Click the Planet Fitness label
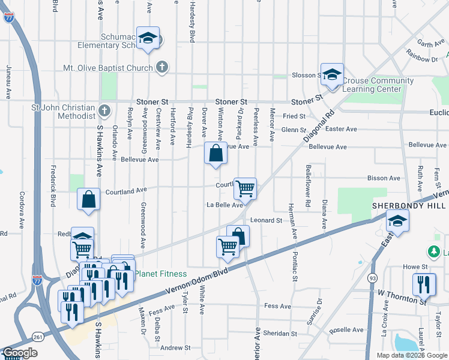tap(160, 274)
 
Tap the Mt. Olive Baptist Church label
tap(108, 68)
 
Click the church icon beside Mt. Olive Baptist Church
tap(161, 67)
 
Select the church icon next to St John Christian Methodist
tap(104, 111)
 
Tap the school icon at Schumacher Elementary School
tap(147, 38)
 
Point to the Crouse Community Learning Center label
tap(378, 85)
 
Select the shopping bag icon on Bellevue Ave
tap(215, 153)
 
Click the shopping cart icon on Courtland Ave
tap(245, 188)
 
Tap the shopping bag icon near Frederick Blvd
tap(88, 200)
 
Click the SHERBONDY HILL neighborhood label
tap(410, 205)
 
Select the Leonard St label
tap(266, 221)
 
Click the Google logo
tap(20, 353)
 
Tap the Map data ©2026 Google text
tap(412, 355)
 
